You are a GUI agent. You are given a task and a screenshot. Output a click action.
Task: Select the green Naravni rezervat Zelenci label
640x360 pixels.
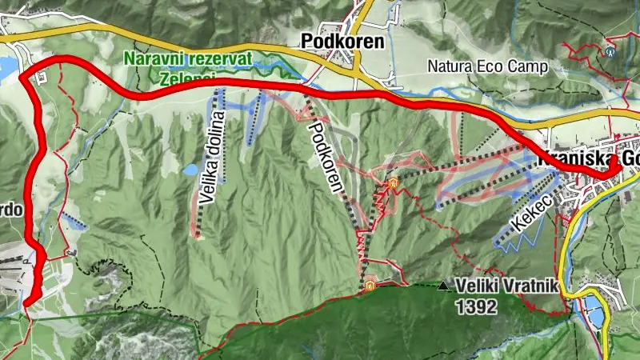click(188, 69)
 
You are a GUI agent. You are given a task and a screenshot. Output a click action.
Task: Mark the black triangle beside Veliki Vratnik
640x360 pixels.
click(443, 285)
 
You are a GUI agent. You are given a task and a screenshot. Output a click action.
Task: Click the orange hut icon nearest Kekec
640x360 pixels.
click(393, 184)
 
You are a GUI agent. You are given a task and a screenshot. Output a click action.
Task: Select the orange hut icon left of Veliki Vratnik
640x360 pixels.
click(370, 285)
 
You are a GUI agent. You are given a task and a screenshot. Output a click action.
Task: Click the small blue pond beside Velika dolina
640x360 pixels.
click(190, 170)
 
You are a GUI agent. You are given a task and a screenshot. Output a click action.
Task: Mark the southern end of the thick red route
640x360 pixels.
click(27, 301)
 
